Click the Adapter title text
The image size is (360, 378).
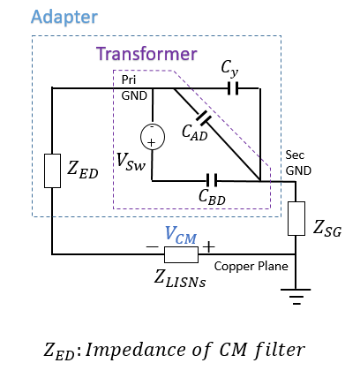(64, 18)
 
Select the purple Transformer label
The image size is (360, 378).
(146, 54)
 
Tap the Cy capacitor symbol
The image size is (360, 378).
(233, 88)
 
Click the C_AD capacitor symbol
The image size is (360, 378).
(204, 117)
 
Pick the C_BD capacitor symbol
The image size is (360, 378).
(212, 180)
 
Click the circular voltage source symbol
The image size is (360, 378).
(153, 137)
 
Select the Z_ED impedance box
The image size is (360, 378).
(52, 170)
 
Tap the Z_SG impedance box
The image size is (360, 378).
(296, 218)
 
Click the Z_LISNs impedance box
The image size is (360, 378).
(181, 254)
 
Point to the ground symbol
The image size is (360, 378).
(296, 296)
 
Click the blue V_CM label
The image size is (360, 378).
(181, 235)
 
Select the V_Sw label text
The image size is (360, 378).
(131, 162)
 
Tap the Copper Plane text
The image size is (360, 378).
(251, 267)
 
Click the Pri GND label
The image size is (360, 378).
(134, 87)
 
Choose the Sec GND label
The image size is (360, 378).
(298, 163)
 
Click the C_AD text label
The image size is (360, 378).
(195, 132)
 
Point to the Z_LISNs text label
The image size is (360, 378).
(180, 278)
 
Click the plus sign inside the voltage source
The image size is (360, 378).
(151, 143)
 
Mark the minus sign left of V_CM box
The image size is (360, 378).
(152, 246)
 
